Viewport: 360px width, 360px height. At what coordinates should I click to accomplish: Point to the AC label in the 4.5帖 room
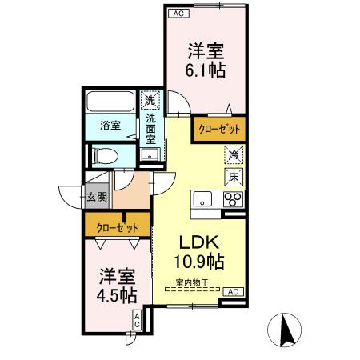pyautogui.click(x=137, y=320)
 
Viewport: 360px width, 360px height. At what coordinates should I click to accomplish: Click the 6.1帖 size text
pyautogui.click(x=205, y=70)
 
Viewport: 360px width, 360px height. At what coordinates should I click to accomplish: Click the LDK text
pyautogui.click(x=198, y=242)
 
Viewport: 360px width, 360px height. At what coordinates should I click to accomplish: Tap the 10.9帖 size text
pyautogui.click(x=198, y=262)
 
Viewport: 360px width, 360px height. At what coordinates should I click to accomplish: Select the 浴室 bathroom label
pyautogui.click(x=110, y=126)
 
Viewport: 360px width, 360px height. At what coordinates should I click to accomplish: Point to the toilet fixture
pyautogui.click(x=102, y=154)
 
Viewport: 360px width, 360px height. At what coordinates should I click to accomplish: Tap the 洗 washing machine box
pyautogui.click(x=150, y=102)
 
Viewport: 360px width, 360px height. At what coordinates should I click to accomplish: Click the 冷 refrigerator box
pyautogui.click(x=233, y=154)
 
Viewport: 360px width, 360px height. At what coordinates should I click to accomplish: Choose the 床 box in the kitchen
pyautogui.click(x=233, y=174)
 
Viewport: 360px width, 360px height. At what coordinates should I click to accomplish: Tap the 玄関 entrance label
pyautogui.click(x=94, y=197)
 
